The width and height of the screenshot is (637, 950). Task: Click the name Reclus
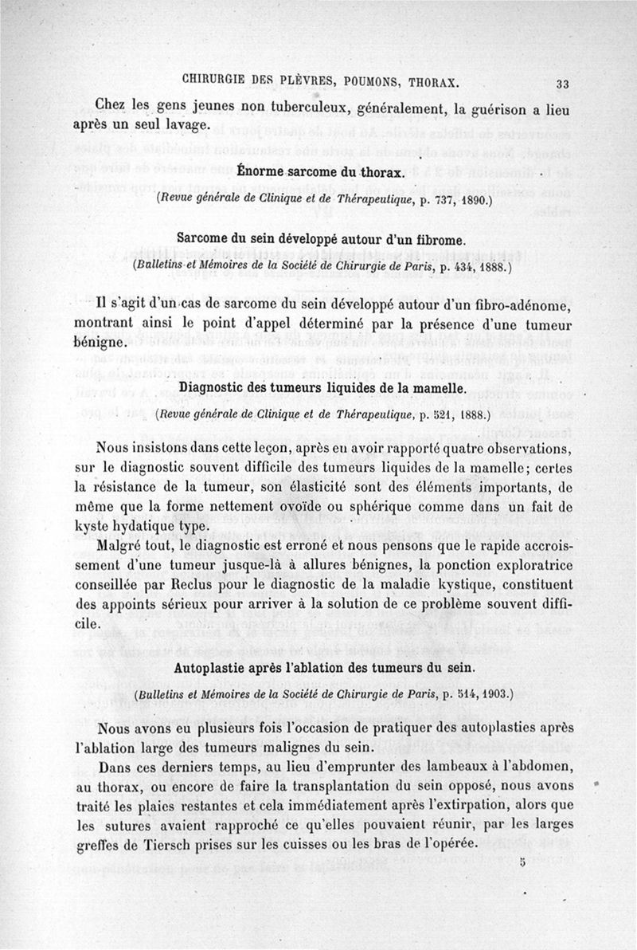[x=186, y=587]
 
